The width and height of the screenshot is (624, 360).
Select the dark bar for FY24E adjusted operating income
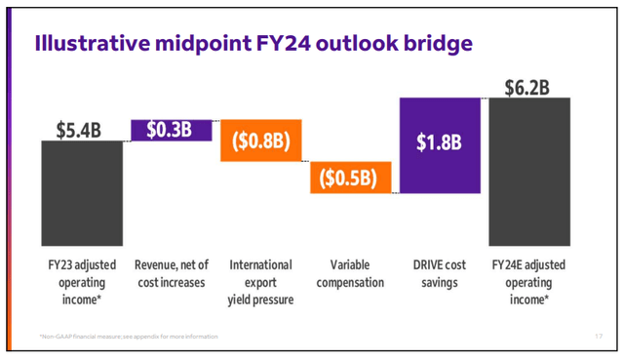point(530,170)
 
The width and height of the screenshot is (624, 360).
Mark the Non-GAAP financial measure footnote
point(123,337)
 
